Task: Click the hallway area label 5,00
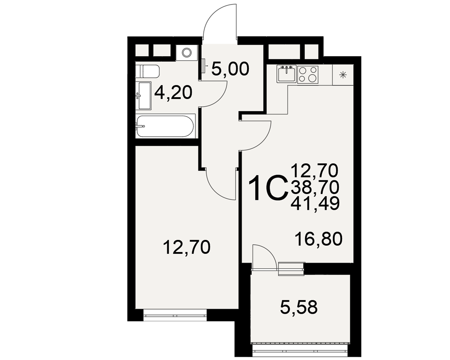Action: coord(230,69)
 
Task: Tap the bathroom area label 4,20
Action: coord(173,93)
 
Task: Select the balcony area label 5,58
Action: coord(299,307)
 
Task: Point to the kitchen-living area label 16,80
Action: coord(319,239)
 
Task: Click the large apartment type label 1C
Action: coord(268,189)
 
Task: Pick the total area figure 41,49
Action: coord(315,203)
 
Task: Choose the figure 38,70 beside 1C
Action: coord(315,187)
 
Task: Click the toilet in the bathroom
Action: coord(147,71)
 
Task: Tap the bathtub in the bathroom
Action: coord(165,126)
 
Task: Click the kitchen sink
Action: coord(286,74)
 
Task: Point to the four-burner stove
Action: coord(308,75)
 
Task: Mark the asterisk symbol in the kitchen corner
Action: coord(342,75)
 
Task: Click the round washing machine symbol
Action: coord(187,53)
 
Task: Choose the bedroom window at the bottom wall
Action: coord(175,315)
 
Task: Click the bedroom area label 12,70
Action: coord(187,247)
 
